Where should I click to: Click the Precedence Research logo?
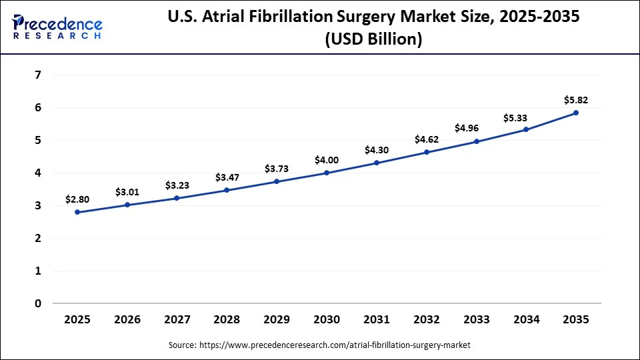click(57, 27)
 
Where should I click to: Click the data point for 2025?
click(77, 212)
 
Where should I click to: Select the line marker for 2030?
click(327, 173)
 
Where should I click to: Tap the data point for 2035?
click(576, 113)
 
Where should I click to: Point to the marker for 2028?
click(227, 190)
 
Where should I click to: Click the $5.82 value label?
click(576, 100)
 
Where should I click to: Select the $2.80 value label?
click(77, 199)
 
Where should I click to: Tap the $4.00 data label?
click(327, 160)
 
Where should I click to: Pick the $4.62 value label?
click(427, 140)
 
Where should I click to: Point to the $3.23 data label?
click(177, 185)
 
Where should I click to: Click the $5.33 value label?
click(526, 117)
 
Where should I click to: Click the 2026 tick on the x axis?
click(127, 319)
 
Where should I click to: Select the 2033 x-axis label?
click(476, 319)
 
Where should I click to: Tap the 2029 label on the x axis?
click(277, 319)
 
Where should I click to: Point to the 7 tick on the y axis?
click(37, 75)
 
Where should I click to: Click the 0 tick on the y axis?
click(37, 303)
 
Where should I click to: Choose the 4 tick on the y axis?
click(37, 173)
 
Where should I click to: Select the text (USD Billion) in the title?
click(373, 40)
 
